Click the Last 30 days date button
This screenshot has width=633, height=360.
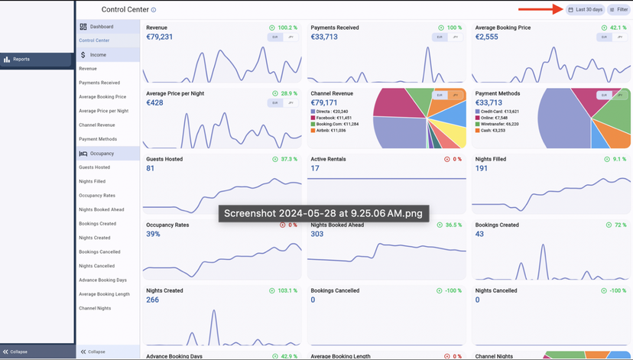coord(586,9)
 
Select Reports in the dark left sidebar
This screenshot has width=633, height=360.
coord(21,59)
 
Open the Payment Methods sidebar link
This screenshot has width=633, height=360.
coord(98,139)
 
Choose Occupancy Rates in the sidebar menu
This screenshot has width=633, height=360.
coord(97,196)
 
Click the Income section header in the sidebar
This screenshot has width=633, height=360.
coord(98,55)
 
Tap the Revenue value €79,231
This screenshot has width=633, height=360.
coord(159,37)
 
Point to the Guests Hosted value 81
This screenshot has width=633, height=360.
coord(150,168)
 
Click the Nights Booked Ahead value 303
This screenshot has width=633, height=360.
coord(317,234)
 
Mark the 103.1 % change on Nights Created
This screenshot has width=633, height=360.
coord(284,291)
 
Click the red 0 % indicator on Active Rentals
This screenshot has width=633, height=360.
coord(453,160)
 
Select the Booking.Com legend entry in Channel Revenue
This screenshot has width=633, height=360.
coord(337,124)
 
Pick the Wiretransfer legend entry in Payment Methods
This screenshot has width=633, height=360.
coord(499,124)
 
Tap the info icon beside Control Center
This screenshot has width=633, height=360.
coord(154,10)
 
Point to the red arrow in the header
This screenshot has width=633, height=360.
coord(540,9)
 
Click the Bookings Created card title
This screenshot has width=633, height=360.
coord(497,225)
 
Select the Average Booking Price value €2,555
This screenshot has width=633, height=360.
coord(487,37)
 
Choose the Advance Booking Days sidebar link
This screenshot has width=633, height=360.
coord(102,281)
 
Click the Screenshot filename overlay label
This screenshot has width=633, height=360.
coord(322,213)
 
